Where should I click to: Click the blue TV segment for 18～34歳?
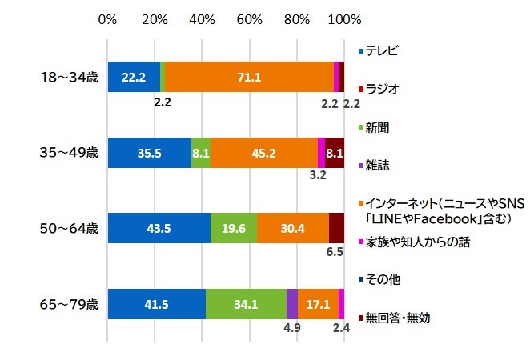pyautogui.click(x=133, y=77)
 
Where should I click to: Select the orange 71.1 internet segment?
pyautogui.click(x=248, y=77)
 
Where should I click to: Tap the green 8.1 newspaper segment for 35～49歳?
pyautogui.click(x=201, y=152)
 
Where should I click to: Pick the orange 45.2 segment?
pyautogui.click(x=264, y=152)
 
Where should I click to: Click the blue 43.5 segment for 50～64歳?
pyautogui.click(x=159, y=228)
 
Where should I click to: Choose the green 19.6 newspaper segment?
pyautogui.click(x=234, y=228)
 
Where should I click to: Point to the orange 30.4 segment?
pyautogui.click(x=293, y=228)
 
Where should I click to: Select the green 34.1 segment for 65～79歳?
pyautogui.click(x=246, y=303)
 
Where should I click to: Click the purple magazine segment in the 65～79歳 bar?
pyautogui.click(x=291, y=303)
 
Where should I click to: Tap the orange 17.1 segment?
pyautogui.click(x=318, y=303)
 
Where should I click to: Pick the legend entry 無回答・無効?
pyautogui.click(x=398, y=318)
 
